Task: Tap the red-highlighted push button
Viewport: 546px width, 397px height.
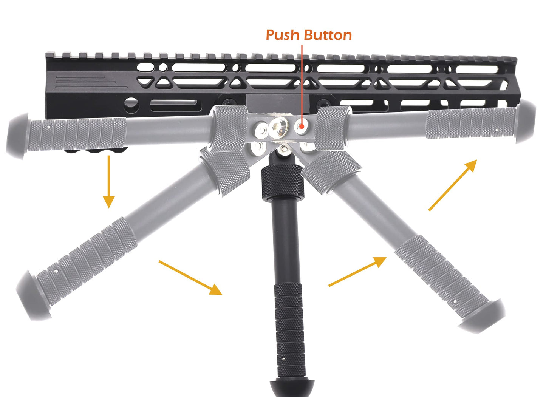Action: pyautogui.click(x=301, y=127)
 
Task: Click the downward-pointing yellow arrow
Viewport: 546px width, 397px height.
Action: pyautogui.click(x=109, y=181)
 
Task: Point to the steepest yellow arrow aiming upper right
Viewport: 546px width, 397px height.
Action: pyautogui.click(x=453, y=185)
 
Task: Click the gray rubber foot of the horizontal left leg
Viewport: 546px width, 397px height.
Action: pyautogui.click(x=17, y=135)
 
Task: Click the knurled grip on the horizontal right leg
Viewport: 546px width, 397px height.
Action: pyautogui.click(x=471, y=123)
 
